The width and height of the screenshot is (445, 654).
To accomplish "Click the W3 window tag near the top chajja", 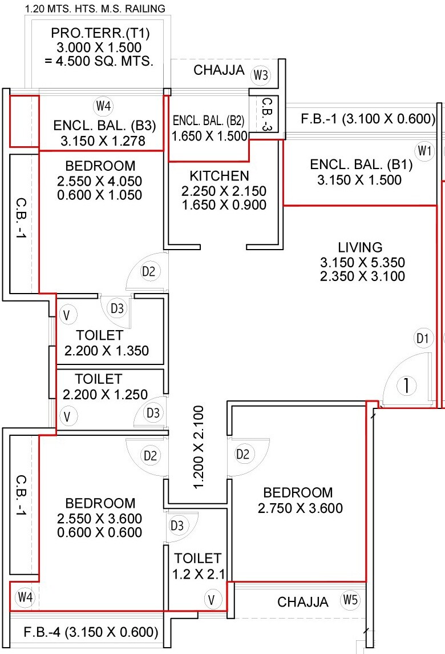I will click(x=261, y=75).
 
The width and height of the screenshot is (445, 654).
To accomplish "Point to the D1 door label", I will click(x=422, y=339).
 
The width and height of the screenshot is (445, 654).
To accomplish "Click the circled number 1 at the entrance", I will click(x=406, y=386).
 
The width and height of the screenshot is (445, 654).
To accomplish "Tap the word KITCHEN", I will click(x=219, y=175).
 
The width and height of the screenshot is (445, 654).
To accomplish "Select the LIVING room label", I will click(x=359, y=247).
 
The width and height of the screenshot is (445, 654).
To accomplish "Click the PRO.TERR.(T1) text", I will click(x=96, y=34).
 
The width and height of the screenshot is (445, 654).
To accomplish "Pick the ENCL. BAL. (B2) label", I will click(x=208, y=121).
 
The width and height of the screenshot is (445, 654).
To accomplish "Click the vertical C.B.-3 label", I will click(x=266, y=115).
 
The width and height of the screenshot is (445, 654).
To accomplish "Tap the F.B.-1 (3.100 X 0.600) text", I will click(x=369, y=119).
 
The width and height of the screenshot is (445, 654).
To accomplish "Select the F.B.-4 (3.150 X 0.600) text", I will click(x=91, y=632).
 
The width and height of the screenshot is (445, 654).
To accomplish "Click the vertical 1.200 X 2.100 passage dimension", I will click(x=198, y=447).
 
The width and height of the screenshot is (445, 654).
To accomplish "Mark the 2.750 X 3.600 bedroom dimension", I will click(x=300, y=508).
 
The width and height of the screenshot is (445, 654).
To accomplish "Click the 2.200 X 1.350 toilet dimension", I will click(x=106, y=351).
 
